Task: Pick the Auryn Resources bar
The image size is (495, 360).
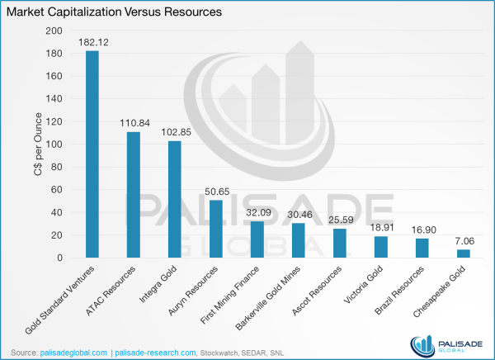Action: (x=214, y=229)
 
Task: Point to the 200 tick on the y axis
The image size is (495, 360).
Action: (x=54, y=31)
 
